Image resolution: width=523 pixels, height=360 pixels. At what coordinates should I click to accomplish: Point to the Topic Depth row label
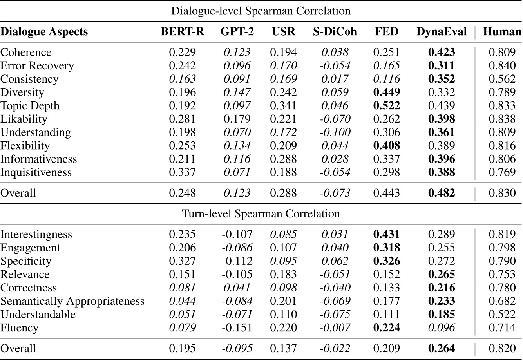coord(30,106)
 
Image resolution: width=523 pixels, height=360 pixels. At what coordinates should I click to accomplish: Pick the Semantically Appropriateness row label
coord(72,301)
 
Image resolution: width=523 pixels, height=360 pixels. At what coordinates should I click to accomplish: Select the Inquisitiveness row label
coord(36,172)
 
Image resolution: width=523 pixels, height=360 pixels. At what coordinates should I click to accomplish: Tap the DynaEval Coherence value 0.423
coord(442,52)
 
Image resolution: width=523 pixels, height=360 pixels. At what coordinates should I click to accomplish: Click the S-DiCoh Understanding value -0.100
coord(335,132)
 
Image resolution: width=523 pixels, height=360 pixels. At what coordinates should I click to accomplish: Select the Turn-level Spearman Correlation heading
coord(261,214)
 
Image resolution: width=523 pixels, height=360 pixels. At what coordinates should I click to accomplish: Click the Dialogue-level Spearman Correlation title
coord(261,11)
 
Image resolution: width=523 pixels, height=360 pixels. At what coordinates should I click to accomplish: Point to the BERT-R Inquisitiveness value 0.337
coord(182,172)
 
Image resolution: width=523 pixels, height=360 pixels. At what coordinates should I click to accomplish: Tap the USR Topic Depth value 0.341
coord(284,106)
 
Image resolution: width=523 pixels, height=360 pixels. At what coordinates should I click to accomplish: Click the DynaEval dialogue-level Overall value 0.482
coord(442,193)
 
